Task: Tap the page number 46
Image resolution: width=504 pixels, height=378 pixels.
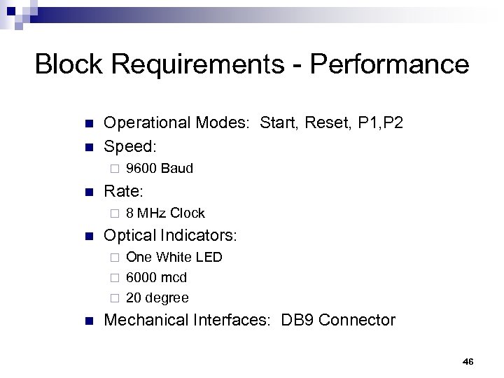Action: [468, 361]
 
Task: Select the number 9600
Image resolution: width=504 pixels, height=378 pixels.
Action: [141, 169]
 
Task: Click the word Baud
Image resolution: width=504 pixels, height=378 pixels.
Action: [176, 169]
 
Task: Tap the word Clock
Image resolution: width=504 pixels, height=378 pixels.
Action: [186, 213]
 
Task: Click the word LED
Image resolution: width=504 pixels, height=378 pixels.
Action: [209, 258]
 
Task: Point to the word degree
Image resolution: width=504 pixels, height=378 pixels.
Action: [167, 298]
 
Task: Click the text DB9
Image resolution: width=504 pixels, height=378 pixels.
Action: [296, 321]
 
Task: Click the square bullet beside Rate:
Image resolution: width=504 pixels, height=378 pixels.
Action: [88, 191]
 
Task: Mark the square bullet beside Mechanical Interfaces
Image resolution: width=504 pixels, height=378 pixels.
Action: [88, 321]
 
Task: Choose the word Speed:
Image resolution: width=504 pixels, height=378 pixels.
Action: [130, 146]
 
